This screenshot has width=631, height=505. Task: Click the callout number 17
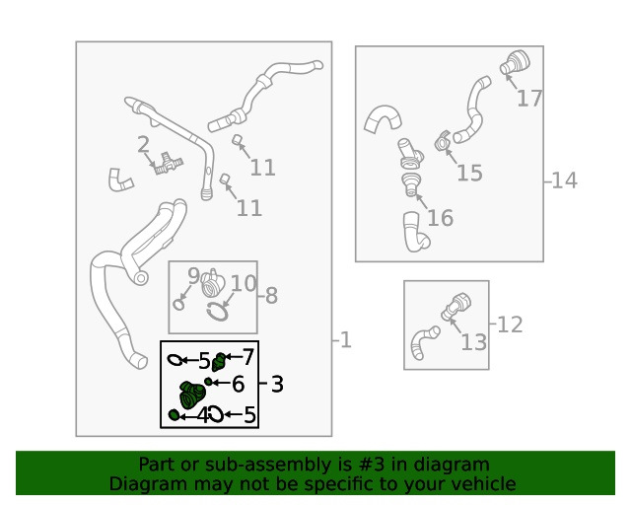click(x=529, y=99)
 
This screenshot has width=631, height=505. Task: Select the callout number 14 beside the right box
click(x=565, y=180)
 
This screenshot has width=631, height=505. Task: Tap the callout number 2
click(x=143, y=145)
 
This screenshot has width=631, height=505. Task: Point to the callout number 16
click(x=441, y=218)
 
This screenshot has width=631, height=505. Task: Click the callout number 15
click(x=469, y=173)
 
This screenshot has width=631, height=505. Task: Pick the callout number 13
click(x=473, y=342)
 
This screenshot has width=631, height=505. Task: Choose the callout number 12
click(x=510, y=325)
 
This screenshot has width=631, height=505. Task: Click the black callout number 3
click(x=277, y=384)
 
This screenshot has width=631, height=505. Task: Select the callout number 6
click(x=239, y=384)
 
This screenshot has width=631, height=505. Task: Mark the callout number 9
click(x=193, y=275)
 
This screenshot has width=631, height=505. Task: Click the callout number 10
click(x=244, y=283)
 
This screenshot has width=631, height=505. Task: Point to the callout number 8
click(x=272, y=296)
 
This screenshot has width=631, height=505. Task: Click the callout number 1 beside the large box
click(x=346, y=340)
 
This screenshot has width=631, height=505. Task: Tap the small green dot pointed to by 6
click(x=208, y=382)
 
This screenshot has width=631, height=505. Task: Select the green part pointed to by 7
click(x=219, y=362)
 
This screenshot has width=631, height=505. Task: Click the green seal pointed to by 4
click(x=174, y=414)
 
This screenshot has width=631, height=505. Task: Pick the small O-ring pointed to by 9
click(x=178, y=304)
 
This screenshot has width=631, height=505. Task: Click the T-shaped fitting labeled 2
click(x=169, y=164)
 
